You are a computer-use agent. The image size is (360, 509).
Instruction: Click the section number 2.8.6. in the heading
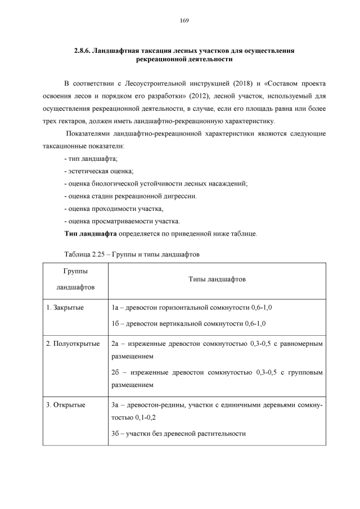(x=84, y=51)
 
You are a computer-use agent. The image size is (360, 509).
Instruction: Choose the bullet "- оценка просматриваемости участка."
(x=122, y=220)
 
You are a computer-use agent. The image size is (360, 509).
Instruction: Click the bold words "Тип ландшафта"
(x=91, y=232)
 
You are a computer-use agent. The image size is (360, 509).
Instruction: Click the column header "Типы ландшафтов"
(x=217, y=278)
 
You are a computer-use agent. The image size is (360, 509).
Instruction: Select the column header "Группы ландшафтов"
(x=75, y=278)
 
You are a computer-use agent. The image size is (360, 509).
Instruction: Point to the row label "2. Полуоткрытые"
(x=73, y=343)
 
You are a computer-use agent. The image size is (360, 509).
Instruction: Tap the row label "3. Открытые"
(x=66, y=404)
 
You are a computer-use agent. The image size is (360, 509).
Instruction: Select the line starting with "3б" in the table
(x=179, y=433)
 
